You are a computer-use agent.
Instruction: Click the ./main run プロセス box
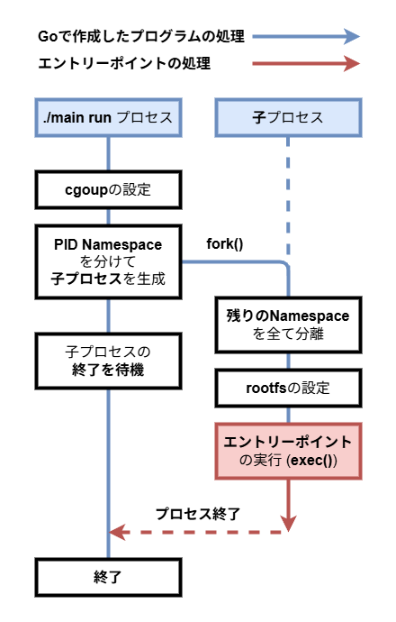tap(108, 117)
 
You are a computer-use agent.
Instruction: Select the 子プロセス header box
tap(288, 117)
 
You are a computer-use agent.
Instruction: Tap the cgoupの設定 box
tap(108, 190)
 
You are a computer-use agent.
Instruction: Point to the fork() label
tap(225, 243)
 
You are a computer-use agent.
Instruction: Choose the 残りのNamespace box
tap(288, 325)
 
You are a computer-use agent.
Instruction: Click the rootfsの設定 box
tap(288, 389)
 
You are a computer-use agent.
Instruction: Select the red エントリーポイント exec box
tap(288, 451)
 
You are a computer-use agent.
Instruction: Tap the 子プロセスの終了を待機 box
tap(108, 358)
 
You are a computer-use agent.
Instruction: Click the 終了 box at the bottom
tap(108, 578)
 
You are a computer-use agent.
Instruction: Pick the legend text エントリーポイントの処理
tap(126, 64)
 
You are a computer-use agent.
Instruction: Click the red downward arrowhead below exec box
tap(288, 522)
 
